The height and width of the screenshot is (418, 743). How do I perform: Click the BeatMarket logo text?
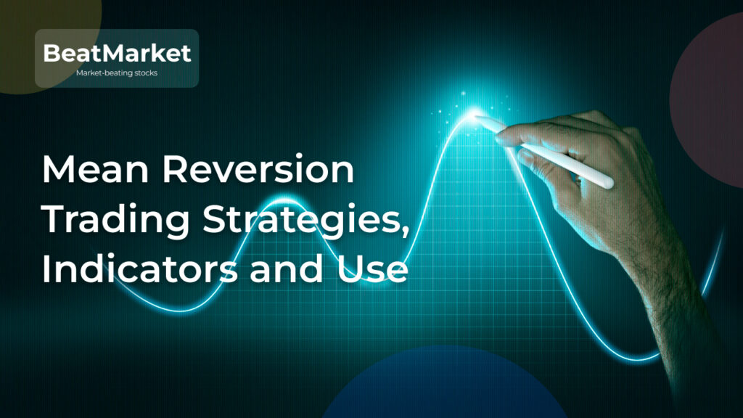[117, 53]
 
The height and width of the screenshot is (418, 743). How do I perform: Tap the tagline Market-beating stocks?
[117, 73]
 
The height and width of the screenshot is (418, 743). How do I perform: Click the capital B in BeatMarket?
[52, 53]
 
